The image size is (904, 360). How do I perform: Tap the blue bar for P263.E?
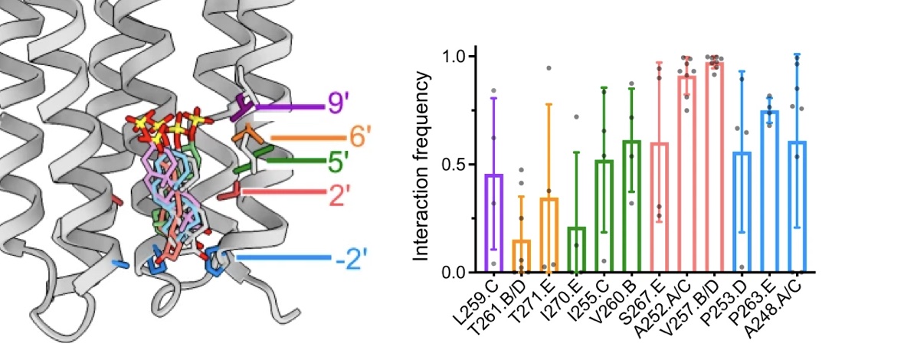pos(768,191)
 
